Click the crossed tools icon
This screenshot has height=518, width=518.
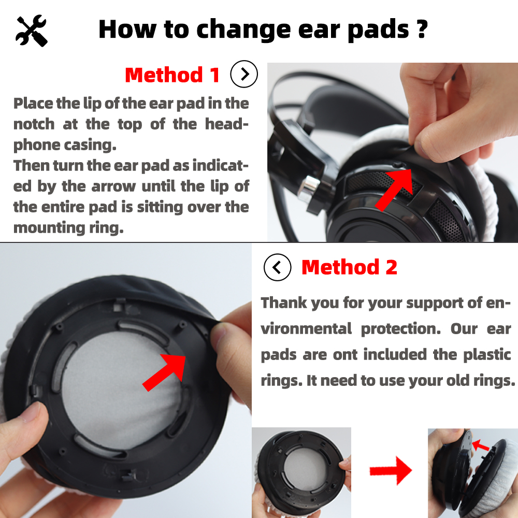click(x=32, y=31)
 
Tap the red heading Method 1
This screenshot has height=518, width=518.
click(x=172, y=75)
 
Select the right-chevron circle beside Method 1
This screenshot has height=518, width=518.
click(x=244, y=75)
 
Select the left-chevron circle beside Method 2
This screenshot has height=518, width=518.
click(x=278, y=267)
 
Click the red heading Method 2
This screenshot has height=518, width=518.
click(x=349, y=267)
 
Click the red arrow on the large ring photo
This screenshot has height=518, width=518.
click(x=164, y=371)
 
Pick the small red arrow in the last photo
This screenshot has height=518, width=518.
click(x=481, y=445)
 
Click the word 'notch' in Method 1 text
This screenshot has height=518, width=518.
click(x=34, y=124)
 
